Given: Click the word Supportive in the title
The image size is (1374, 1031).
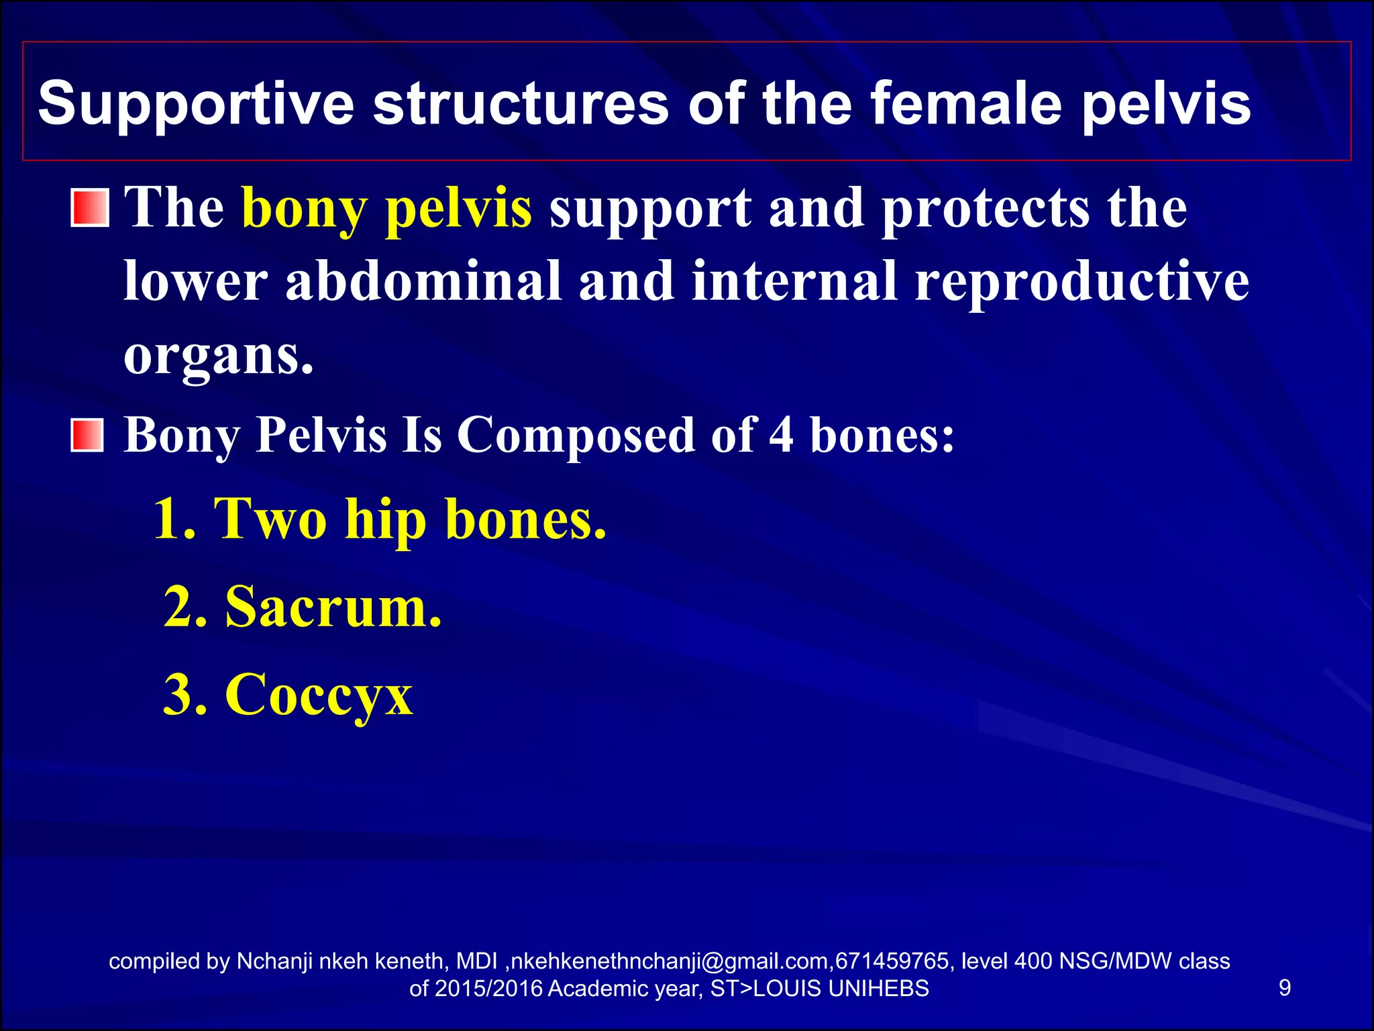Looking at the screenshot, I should [195, 104].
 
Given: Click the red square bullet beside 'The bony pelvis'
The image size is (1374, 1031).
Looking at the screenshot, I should [89, 207].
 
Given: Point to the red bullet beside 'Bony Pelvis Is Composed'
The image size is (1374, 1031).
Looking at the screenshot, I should [88, 436].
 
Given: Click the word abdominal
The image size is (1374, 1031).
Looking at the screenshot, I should [423, 281].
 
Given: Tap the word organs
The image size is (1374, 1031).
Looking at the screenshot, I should [217, 356].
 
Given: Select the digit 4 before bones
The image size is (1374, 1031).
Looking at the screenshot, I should [781, 435].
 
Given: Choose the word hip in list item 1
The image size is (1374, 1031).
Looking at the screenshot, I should [385, 520].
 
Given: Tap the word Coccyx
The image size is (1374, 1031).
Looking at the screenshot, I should [319, 695].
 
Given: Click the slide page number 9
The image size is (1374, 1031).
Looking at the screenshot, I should [1285, 987].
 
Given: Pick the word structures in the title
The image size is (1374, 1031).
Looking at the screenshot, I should [521, 104].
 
